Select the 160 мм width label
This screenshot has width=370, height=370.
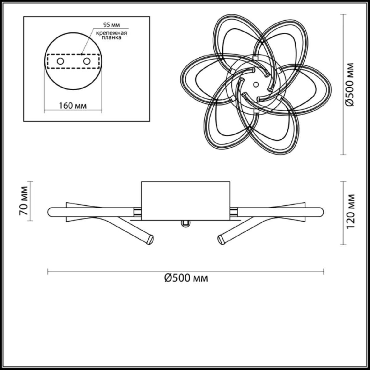(x=73, y=105)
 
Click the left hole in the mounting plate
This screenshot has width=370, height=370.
(x=60, y=61)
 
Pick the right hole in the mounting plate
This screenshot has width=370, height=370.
(x=87, y=61)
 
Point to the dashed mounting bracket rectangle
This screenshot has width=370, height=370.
(x=73, y=55)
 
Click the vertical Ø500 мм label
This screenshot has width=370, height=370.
(x=350, y=85)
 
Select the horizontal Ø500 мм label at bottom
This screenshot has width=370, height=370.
(x=186, y=278)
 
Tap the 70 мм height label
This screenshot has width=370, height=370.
(x=24, y=201)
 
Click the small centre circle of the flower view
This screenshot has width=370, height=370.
(x=255, y=83)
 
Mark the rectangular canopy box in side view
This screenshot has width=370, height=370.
(x=186, y=200)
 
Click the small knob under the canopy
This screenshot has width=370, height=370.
(x=185, y=224)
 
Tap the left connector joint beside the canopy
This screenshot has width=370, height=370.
(x=138, y=212)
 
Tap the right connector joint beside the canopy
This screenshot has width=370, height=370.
(x=233, y=212)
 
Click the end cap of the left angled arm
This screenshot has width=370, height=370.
(x=150, y=239)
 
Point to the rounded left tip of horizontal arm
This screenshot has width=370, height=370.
(x=50, y=212)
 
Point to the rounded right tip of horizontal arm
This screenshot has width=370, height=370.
(x=322, y=212)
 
